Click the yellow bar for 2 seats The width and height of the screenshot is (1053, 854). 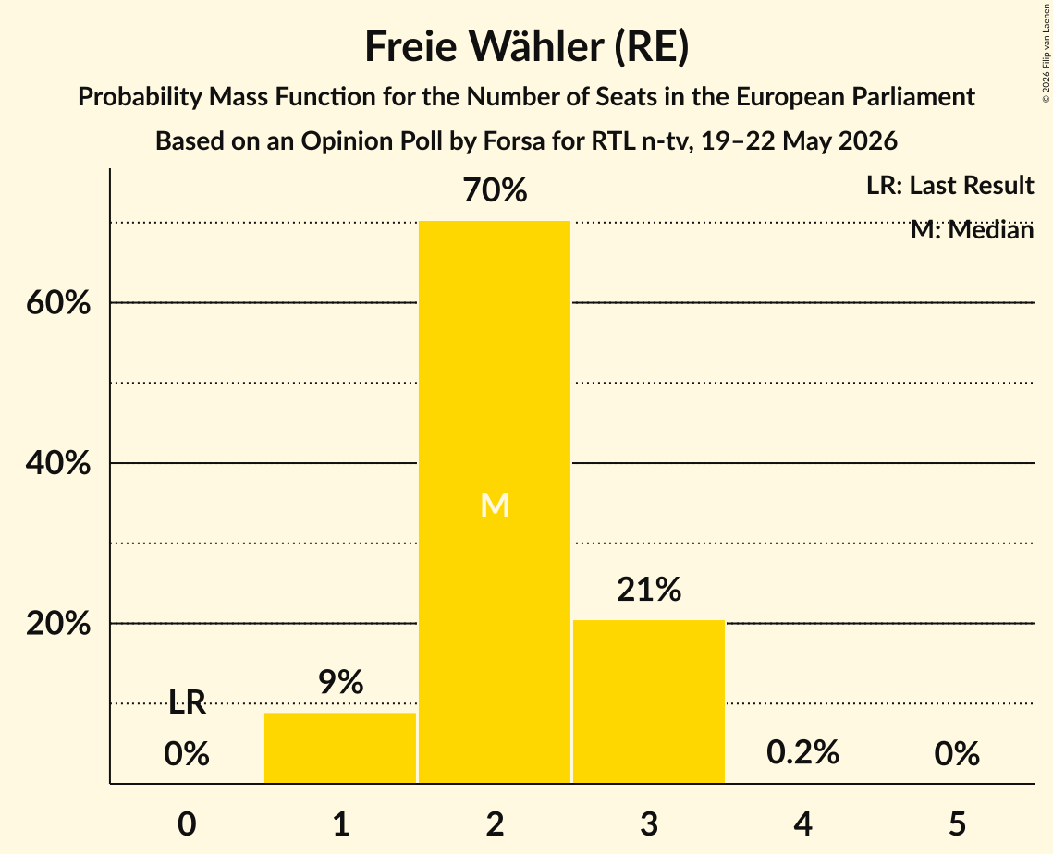tap(495, 502)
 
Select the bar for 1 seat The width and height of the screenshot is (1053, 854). tap(340, 748)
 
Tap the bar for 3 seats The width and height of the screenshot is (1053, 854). tap(649, 701)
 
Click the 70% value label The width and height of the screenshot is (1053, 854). tap(495, 190)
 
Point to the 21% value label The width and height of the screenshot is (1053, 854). tap(649, 589)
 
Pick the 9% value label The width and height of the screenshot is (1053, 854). tap(340, 681)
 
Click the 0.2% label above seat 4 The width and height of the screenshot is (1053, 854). tap(803, 752)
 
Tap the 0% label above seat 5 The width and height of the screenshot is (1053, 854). tap(957, 753)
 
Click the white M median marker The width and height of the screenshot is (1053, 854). tap(495, 505)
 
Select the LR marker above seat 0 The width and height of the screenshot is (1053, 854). tap(187, 702)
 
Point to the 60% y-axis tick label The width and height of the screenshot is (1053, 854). tap(58, 303)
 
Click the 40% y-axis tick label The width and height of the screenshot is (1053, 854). tap(58, 463)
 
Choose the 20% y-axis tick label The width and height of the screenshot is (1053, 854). tap(58, 624)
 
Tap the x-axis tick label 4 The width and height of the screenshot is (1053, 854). tap(803, 823)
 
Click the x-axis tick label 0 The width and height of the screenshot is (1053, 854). tap(187, 823)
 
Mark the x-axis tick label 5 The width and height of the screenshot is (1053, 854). tap(957, 823)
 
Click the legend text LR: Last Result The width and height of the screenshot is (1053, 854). tap(949, 185)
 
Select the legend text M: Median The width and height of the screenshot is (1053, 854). tap(972, 230)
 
